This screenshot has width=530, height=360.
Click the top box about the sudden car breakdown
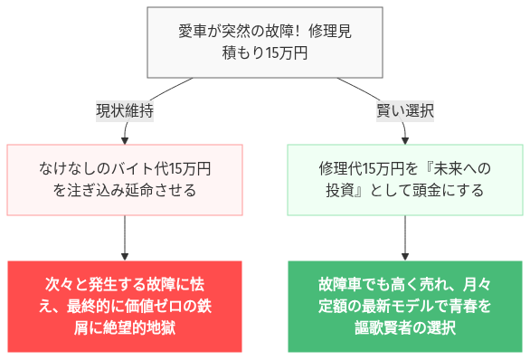[x=265, y=42]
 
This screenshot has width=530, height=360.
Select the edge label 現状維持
[x=125, y=111]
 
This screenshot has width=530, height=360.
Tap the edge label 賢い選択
[x=405, y=111]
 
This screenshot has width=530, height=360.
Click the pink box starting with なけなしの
[x=125, y=180]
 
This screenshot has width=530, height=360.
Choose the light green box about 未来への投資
[x=405, y=180]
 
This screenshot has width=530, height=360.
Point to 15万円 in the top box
[x=288, y=53]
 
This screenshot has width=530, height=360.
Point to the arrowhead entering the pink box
[x=125, y=139]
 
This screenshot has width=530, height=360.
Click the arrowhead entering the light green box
[x=405, y=139]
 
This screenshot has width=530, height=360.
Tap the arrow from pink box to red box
[x=125, y=237]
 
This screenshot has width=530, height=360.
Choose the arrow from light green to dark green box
[x=405, y=237]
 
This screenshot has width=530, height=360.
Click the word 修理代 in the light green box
[x=341, y=169]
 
